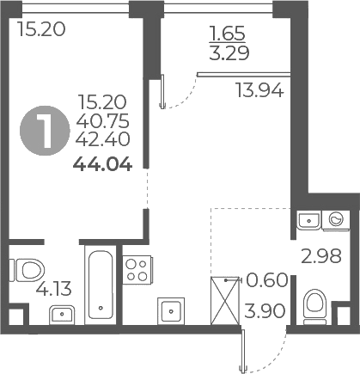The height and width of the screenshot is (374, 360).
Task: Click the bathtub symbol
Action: click(x=101, y=284)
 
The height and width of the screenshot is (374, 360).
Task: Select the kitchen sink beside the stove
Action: click(x=169, y=310)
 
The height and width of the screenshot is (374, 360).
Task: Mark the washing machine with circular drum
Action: click(x=335, y=220)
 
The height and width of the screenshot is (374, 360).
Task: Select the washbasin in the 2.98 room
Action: click(x=305, y=220)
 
